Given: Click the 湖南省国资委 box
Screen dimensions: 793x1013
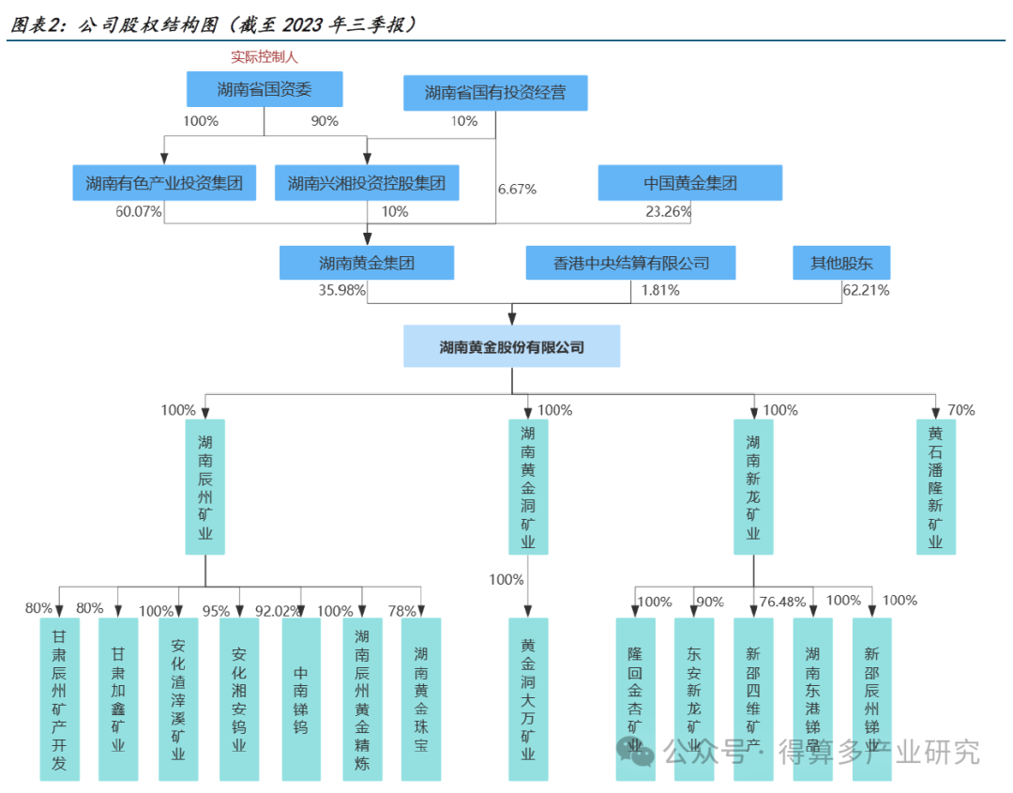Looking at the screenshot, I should coord(264,90).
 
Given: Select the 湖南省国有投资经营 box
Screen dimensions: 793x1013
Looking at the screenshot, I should coord(495,93).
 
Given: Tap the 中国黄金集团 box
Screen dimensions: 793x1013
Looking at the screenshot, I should coord(690,183).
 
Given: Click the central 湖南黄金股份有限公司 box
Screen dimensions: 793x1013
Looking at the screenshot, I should coord(512,346).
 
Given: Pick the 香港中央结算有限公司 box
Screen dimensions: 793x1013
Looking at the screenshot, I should coord(630,264).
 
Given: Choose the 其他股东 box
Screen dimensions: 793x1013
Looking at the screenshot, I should coord(841,264).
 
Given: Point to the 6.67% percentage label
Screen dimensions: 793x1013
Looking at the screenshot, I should coord(517,190).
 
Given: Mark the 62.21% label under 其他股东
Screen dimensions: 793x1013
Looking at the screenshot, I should coord(866,291).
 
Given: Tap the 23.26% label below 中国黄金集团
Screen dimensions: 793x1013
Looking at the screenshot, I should coord(669,212).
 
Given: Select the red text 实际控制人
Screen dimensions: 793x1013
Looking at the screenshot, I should coord(265,57).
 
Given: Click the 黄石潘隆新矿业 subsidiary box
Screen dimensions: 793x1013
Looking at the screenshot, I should coord(935,487).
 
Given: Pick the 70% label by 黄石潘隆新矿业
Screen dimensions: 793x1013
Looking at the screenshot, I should coord(961,410).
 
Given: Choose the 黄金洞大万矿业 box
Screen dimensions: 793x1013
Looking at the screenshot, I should coord(528,698).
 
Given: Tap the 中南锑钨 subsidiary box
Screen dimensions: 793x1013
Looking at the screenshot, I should coord(301,699).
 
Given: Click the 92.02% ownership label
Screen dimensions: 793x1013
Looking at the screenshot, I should coord(279,611).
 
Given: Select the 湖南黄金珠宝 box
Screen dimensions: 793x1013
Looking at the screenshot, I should coord(420,699).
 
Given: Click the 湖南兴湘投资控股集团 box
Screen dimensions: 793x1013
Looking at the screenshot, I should coord(367,183).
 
